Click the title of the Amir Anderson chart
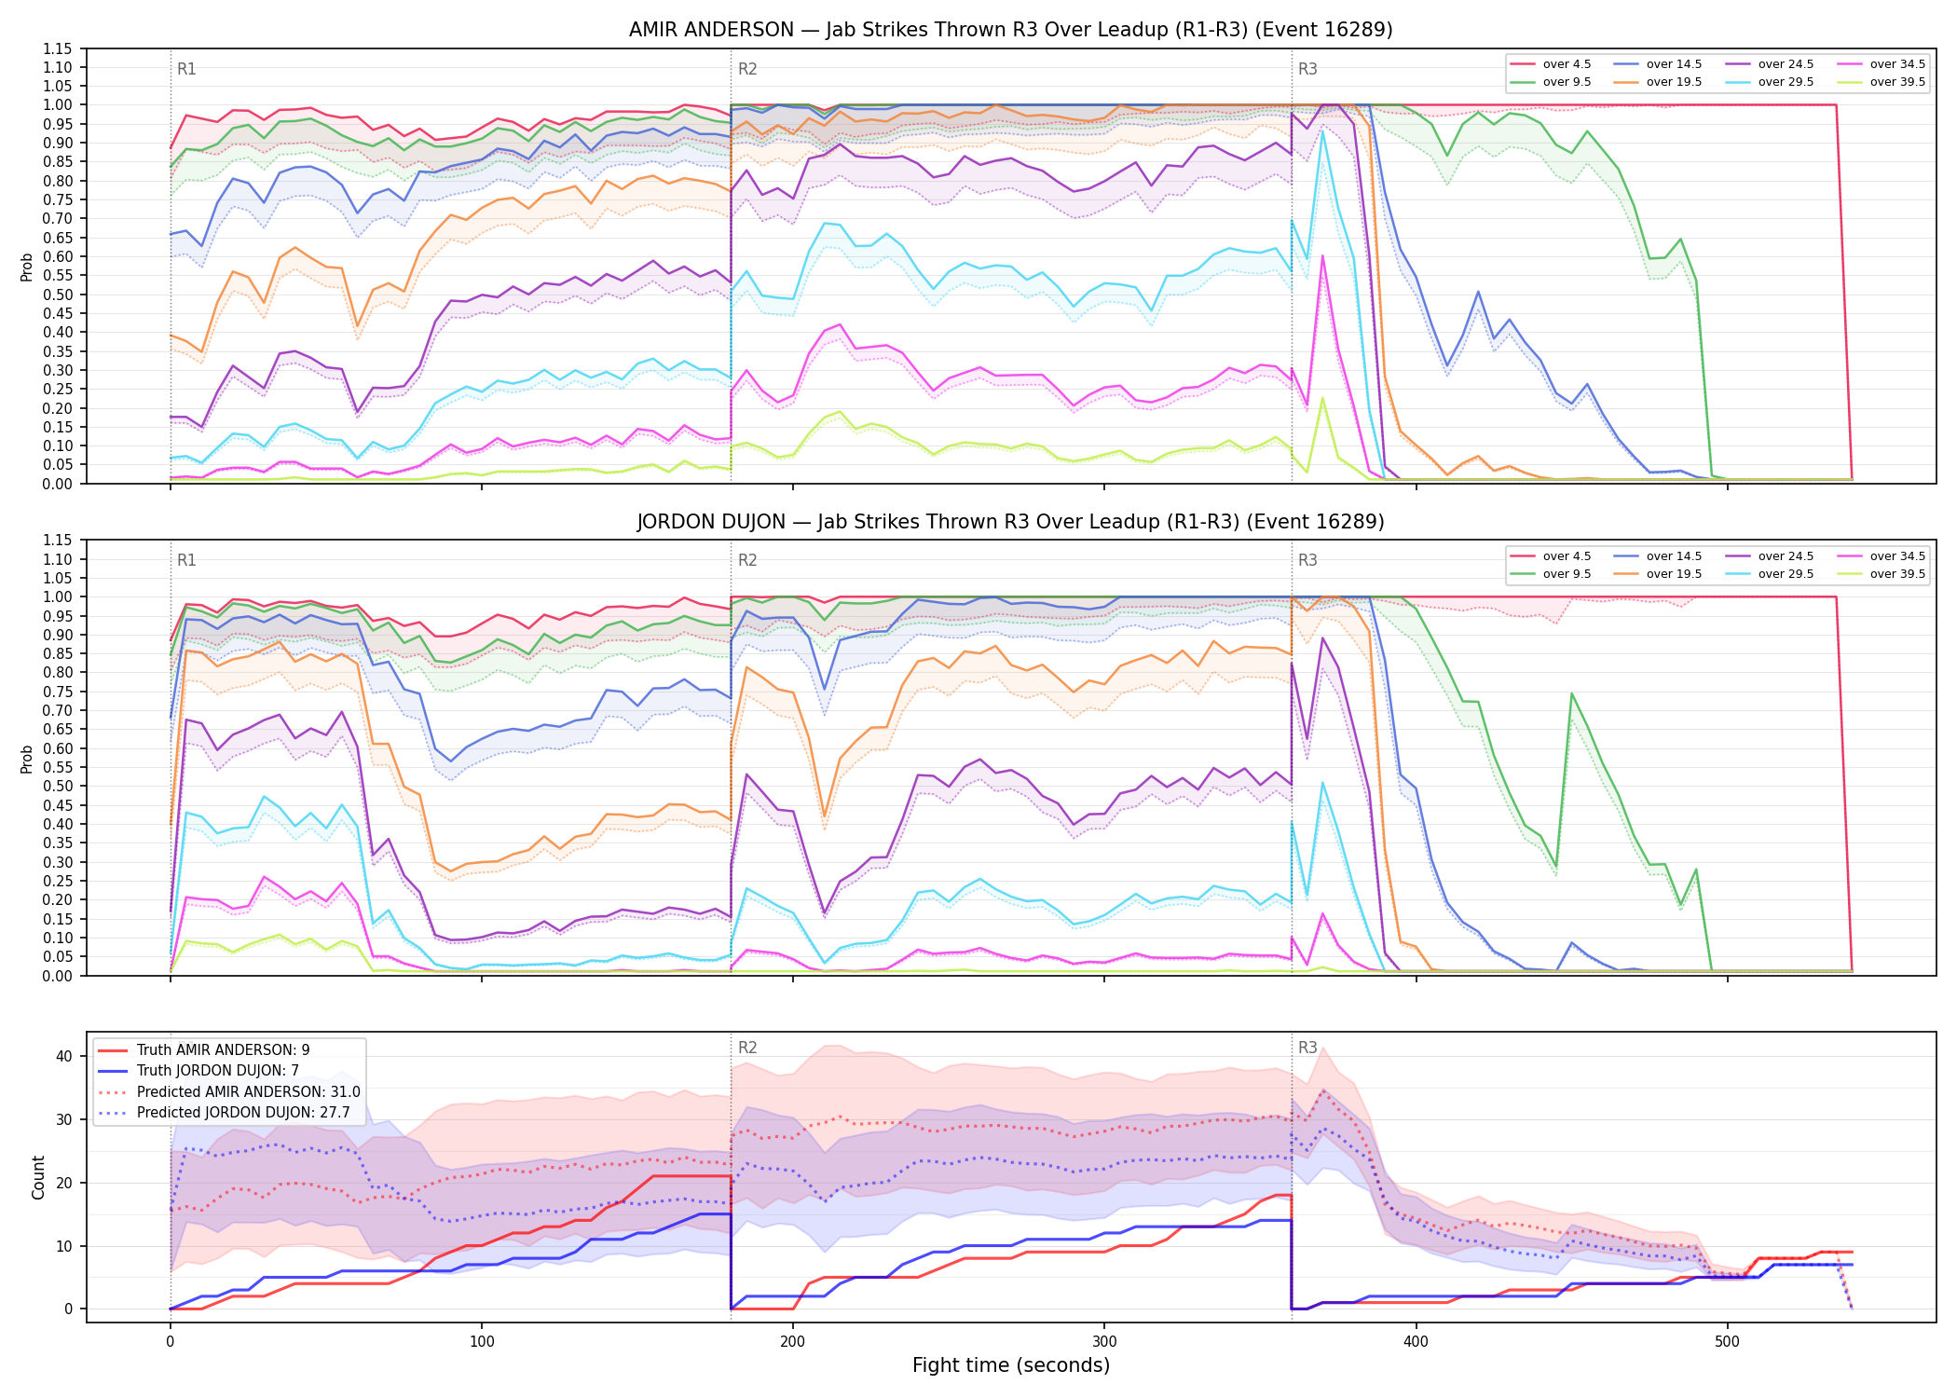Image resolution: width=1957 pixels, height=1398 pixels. point(1010,30)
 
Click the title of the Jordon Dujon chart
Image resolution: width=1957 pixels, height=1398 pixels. point(1010,522)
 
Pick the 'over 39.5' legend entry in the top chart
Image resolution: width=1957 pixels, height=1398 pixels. point(1881,82)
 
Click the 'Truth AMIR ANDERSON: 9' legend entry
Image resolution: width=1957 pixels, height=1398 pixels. point(203,1049)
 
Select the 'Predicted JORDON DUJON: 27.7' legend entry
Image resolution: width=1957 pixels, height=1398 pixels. point(228,1112)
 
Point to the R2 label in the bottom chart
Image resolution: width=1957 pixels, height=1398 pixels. point(747,1048)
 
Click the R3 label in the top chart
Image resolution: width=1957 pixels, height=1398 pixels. point(1307,69)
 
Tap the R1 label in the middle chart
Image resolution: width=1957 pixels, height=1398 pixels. point(186,560)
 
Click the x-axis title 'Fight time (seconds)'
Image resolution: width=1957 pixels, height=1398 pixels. point(1011,1365)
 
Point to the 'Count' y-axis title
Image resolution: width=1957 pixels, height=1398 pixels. point(38,1177)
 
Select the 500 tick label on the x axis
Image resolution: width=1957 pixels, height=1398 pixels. point(1727,1342)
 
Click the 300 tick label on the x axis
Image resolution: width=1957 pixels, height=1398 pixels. point(1104,1342)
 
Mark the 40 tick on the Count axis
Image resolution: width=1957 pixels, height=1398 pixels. point(63,1056)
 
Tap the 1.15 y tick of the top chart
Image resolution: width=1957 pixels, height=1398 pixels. point(57,48)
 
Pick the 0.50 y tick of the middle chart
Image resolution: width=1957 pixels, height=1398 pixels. point(57,786)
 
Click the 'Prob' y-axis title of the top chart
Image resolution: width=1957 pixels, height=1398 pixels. point(27,267)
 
